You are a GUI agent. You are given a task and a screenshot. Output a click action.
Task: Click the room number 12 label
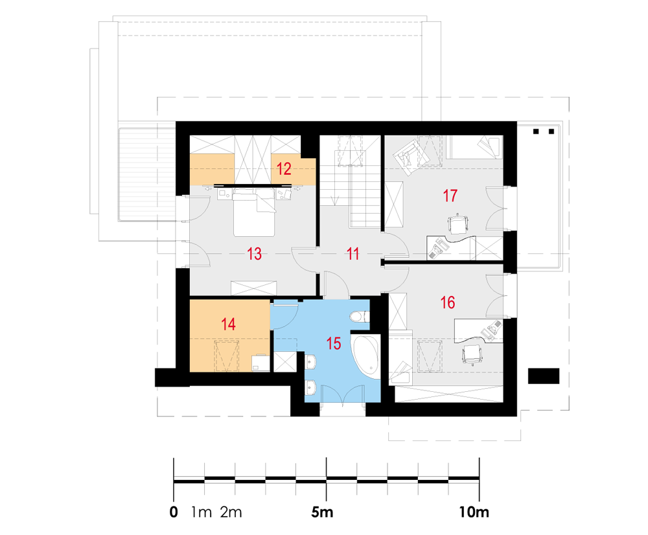(284, 168)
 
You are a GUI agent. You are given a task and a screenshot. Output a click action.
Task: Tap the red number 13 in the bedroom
(254, 254)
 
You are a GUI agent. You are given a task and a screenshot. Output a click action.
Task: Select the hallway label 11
(353, 254)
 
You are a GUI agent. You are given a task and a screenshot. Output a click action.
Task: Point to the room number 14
(228, 324)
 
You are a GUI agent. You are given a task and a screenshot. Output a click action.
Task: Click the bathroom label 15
(334, 343)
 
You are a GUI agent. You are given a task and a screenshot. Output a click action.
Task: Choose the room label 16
(448, 302)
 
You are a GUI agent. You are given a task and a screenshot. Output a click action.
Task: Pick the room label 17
(450, 196)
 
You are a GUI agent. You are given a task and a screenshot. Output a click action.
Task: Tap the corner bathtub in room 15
(365, 356)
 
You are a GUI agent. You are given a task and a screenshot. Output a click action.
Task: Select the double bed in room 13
(254, 212)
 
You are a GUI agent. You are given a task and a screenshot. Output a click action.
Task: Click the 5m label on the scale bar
(322, 512)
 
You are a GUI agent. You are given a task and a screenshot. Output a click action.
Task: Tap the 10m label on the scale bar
(474, 512)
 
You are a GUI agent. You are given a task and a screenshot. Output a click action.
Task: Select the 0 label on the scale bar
(174, 512)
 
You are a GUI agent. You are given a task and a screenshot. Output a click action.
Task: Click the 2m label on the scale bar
(231, 512)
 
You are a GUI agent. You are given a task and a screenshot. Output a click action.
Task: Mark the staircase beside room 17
(351, 182)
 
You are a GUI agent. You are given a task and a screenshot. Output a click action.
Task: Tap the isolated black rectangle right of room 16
(544, 376)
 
